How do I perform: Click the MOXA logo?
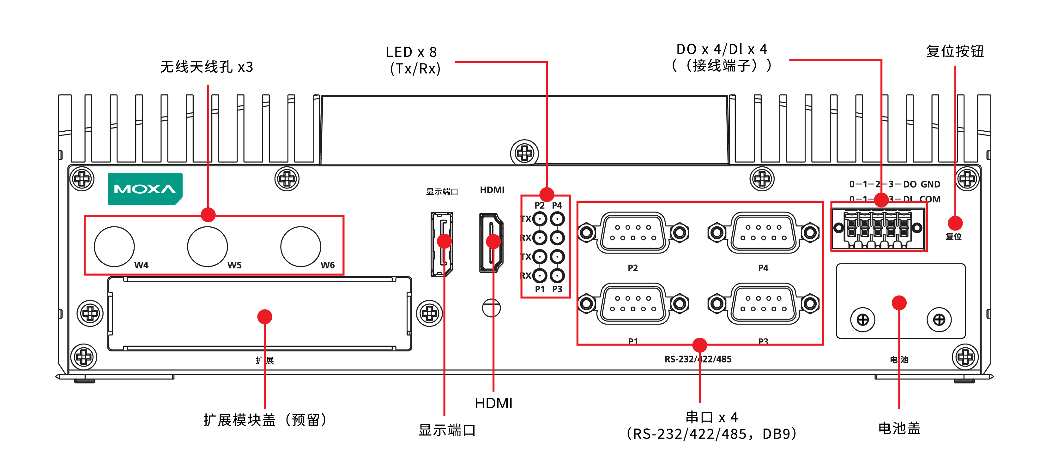[145, 189]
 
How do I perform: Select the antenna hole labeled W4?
[114, 246]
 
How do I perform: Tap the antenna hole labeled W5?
[208, 246]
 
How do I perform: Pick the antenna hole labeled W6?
[301, 246]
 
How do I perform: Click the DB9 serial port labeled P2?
[633, 233]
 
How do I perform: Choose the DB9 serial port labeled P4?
[763, 233]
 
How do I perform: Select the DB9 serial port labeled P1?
[633, 304]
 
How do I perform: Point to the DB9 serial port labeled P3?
[763, 304]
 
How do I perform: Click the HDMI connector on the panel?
[491, 242]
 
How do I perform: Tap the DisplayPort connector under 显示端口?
[442, 244]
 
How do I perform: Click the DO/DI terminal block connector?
[878, 228]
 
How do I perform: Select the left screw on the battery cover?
[862, 320]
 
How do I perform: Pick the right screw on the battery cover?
[939, 320]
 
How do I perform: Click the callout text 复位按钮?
[955, 51]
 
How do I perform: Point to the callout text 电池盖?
[899, 428]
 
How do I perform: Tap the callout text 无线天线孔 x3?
[206, 67]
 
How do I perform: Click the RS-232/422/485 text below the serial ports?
[698, 359]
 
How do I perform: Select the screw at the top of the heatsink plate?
[524, 153]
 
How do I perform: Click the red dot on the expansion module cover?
[264, 317]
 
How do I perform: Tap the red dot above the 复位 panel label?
[955, 223]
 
